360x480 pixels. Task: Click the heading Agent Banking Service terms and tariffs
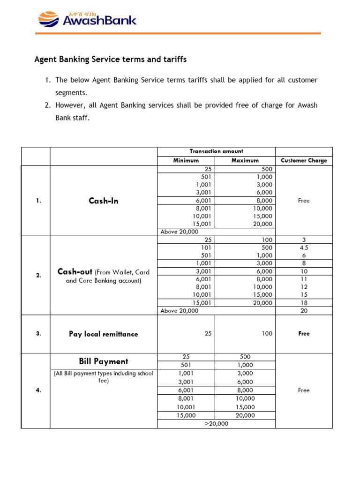[x=111, y=60]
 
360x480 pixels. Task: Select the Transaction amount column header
[x=216, y=151]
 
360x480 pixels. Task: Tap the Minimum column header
[x=186, y=160]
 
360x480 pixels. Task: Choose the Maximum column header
[x=245, y=160]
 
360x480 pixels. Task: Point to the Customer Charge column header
[x=304, y=160]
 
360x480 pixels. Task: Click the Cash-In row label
[x=103, y=201]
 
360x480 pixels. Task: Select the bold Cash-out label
[x=75, y=272]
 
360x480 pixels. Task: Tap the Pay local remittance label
[x=103, y=334]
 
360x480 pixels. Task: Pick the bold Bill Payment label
[x=103, y=361]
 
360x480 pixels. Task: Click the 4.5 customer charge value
[x=304, y=247]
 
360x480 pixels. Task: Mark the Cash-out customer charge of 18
[x=304, y=303]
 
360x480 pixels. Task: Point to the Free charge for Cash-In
[x=304, y=201]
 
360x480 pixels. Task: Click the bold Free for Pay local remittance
[x=304, y=334]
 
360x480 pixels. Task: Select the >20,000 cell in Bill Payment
[x=216, y=423]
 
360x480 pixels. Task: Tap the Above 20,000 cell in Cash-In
[x=180, y=232]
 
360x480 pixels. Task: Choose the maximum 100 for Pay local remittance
[x=266, y=334]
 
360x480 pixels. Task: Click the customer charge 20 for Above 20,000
[x=304, y=310]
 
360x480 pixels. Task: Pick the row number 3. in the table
[x=38, y=334]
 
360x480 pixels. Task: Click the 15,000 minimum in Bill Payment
[x=186, y=415]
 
